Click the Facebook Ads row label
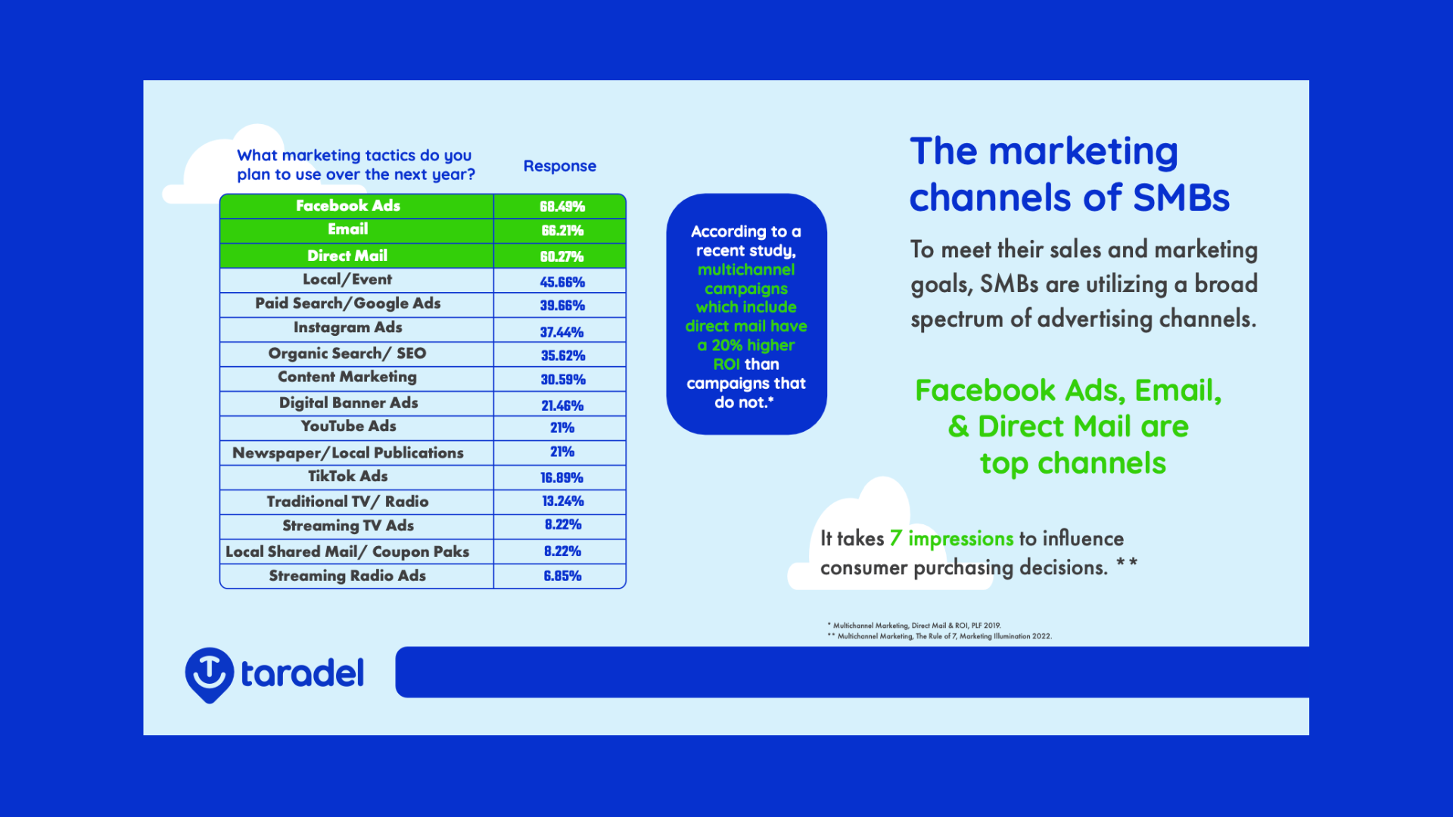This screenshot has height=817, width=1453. click(x=348, y=206)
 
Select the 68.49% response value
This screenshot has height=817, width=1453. click(x=562, y=207)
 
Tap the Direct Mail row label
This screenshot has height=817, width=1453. click(x=347, y=256)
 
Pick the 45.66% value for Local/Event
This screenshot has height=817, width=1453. click(x=562, y=282)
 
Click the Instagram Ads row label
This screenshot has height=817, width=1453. click(x=348, y=328)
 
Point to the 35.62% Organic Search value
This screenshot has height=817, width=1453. click(x=563, y=356)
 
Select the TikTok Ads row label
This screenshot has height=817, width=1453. click(x=348, y=477)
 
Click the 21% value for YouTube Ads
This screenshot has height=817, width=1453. click(x=562, y=428)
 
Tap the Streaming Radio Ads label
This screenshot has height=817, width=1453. click(x=347, y=576)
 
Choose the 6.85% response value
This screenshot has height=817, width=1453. click(x=563, y=576)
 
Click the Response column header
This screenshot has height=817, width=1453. click(x=560, y=166)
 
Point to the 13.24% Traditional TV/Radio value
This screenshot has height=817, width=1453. click(x=563, y=502)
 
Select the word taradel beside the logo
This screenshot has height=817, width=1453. click(x=302, y=673)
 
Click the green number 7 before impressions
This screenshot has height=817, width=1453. click(x=895, y=539)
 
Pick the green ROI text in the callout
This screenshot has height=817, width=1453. click(x=726, y=365)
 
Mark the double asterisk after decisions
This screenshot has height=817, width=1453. click(x=1127, y=564)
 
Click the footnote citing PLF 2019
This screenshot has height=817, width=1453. click(x=914, y=626)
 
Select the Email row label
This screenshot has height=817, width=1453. click(x=348, y=229)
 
